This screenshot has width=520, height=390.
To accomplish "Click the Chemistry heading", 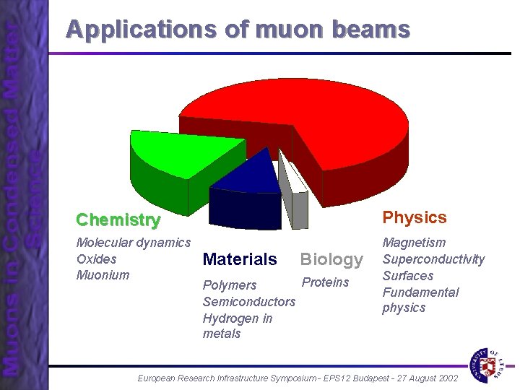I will coord(118,220).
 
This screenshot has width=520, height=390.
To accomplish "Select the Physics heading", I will coord(415,217).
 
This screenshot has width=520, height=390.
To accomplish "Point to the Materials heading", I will coord(240,259).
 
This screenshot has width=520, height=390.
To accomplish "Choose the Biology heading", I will coord(331,259).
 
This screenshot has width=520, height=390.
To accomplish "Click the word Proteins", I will coord(325,282).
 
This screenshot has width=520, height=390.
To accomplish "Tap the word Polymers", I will coord(230,285).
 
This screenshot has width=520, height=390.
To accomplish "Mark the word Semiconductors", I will coord(249,301).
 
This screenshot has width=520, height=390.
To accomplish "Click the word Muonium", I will coord(103,275).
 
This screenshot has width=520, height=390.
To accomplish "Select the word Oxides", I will coord(96,259).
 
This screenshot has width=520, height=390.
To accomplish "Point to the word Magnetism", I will coord(414,243).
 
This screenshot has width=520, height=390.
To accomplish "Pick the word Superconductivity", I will coord(433,259).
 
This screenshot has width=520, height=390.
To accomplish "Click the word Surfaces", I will coord(408,276).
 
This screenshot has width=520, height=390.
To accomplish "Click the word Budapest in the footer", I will coord(350,378).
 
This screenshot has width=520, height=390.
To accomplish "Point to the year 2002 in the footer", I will coord(445,378).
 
